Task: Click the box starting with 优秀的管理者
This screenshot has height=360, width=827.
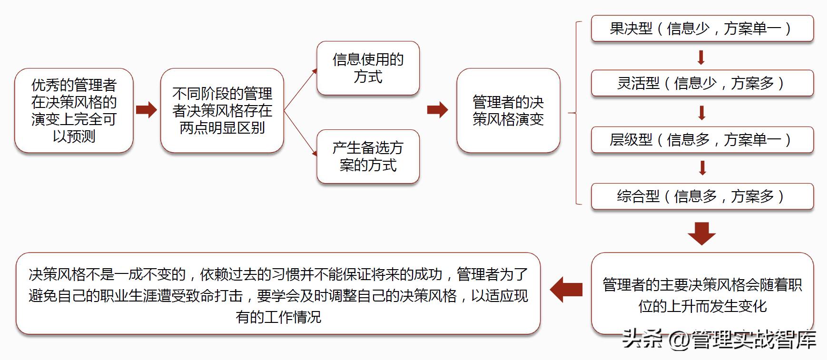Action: click(74, 110)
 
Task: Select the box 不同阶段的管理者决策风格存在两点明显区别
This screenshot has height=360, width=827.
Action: click(222, 110)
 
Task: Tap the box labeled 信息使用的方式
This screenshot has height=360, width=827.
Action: click(368, 68)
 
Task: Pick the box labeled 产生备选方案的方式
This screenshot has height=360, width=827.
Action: click(368, 156)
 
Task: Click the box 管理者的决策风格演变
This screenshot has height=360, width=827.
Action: click(508, 110)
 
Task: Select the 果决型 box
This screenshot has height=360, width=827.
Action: click(702, 29)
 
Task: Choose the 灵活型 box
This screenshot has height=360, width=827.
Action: click(702, 83)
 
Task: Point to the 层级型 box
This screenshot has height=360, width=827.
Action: click(702, 140)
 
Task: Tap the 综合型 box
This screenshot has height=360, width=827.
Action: click(702, 196)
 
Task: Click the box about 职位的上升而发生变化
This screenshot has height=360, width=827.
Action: click(702, 295)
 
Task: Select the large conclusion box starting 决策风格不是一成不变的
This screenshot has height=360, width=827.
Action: click(278, 295)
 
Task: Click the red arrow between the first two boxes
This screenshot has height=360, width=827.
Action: click(146, 110)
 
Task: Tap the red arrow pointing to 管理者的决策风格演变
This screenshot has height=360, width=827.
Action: click(437, 110)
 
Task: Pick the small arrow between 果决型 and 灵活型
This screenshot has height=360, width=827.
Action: click(701, 58)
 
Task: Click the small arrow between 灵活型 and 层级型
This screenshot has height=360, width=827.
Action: click(701, 113)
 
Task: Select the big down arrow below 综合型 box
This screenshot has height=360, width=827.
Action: click(702, 233)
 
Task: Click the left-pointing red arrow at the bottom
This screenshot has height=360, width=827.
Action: click(566, 289)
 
